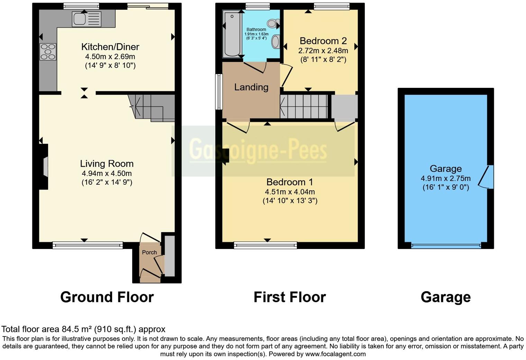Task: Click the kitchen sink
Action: coord(87,19)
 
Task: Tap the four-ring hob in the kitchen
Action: coord(48,52)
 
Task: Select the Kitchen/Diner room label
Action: coord(110,47)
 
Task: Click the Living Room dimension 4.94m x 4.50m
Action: coord(107,173)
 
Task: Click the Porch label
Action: coord(149,252)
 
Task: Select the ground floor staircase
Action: coord(152,108)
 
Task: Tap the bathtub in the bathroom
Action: coord(232,34)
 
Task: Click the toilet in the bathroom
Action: coord(273,24)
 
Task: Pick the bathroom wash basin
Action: coord(275,41)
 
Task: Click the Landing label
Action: coord(251,87)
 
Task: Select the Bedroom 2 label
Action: coord(323,41)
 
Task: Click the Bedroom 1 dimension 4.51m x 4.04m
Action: coord(290,192)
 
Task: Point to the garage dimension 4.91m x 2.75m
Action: coord(445,178)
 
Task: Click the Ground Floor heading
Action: coord(107,297)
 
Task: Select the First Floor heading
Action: coord(290,297)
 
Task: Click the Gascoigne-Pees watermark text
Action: coord(258,150)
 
